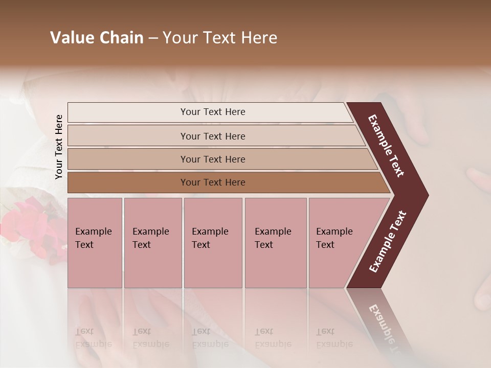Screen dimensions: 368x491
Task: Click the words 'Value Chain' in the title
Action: (97, 38)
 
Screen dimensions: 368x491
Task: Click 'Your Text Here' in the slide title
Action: (220, 38)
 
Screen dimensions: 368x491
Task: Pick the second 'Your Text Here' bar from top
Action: (213, 136)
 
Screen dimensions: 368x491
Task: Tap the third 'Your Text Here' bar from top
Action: (213, 159)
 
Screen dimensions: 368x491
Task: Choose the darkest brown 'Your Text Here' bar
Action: (213, 182)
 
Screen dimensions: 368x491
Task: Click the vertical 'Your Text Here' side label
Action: (59, 147)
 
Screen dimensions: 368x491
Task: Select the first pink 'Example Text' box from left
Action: (95, 243)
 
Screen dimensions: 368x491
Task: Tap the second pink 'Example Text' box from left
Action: (152, 243)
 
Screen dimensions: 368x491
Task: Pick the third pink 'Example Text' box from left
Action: (213, 243)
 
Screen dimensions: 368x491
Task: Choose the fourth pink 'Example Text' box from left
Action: (275, 243)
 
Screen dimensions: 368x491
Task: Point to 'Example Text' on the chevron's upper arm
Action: (386, 146)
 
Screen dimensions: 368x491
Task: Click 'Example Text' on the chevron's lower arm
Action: (388, 242)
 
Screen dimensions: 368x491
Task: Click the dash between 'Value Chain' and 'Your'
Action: (153, 38)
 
